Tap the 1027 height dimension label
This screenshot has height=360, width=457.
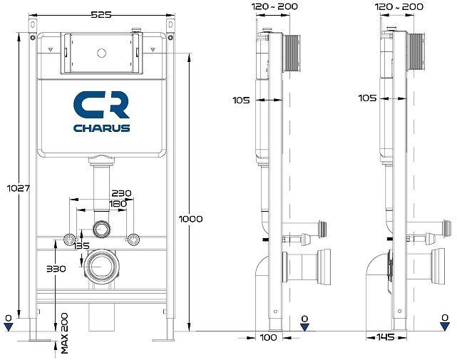click(10, 188)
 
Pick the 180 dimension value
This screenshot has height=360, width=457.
click(118, 204)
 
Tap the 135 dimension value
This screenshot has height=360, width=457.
click(82, 247)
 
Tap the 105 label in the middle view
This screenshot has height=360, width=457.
click(241, 101)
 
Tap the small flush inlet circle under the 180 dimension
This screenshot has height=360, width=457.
click(102, 229)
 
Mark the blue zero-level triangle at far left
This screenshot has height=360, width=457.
click(8, 326)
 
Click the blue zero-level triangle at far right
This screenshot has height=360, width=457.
click(445, 326)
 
